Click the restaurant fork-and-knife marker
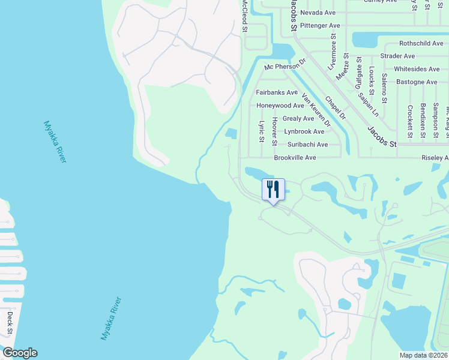(273, 190)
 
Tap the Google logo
(20, 353)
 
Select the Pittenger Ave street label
(320, 26)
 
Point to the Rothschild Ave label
(421, 44)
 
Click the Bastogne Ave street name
(415, 82)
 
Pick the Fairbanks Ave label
(277, 92)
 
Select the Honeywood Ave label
(280, 106)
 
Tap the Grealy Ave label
(298, 119)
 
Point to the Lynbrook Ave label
(304, 131)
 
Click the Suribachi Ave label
(307, 145)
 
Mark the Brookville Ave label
(295, 157)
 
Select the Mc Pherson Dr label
(286, 63)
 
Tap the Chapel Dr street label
(336, 107)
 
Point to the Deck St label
(10, 323)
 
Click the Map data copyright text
(423, 355)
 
